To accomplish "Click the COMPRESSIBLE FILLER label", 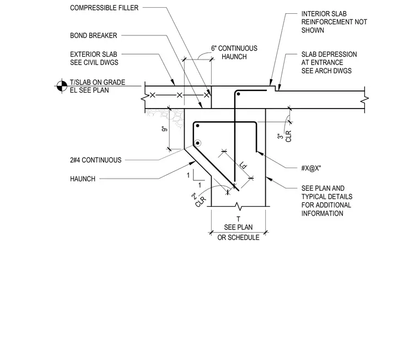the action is [x=104, y=8].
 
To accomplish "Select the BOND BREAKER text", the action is [x=94, y=35].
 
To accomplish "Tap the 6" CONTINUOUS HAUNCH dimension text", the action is [x=234, y=52].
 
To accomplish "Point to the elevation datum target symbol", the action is [x=62, y=86].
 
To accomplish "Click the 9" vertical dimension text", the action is [x=165, y=128].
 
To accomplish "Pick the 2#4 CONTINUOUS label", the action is [x=96, y=160].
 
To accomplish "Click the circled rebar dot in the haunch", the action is [x=197, y=143].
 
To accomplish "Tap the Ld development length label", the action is [x=243, y=165].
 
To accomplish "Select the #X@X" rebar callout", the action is [x=311, y=168].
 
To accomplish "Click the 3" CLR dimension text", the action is [x=284, y=136].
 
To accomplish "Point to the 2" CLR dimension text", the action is [x=199, y=200].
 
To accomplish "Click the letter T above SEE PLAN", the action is [x=238, y=219].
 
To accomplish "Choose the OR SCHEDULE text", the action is [x=238, y=237].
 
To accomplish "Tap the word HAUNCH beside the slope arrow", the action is [x=83, y=179].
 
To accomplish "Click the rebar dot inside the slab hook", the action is [x=238, y=94].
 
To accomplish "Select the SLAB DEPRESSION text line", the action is [x=329, y=54].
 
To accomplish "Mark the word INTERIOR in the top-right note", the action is [x=313, y=14].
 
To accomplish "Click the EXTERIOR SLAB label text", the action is [x=94, y=54].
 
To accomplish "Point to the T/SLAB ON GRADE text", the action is [x=98, y=82].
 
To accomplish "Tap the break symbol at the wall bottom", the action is [x=238, y=206].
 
